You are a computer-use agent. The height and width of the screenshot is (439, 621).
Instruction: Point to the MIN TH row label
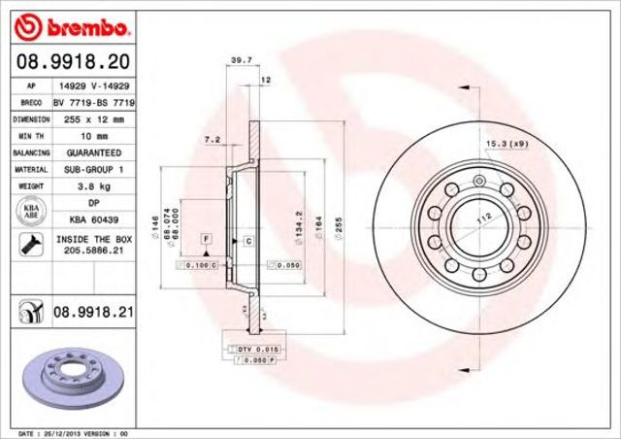(31, 136)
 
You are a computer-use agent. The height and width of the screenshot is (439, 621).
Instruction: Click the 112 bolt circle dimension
(477, 219)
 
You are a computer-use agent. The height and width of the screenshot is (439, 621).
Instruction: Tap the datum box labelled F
(206, 237)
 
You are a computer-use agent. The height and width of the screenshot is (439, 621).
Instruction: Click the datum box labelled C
(248, 239)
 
